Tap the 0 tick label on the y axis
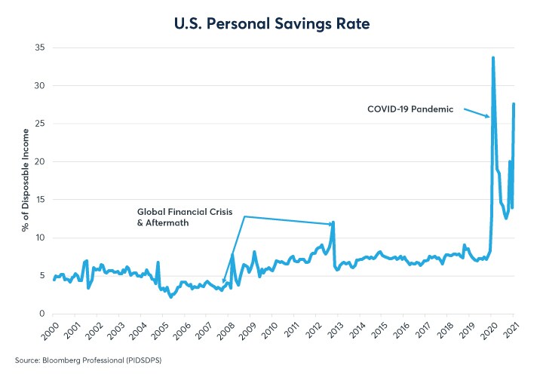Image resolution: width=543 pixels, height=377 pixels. click(x=41, y=314)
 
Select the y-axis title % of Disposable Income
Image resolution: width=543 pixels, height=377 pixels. click(x=25, y=181)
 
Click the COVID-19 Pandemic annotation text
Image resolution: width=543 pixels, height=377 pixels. click(x=410, y=109)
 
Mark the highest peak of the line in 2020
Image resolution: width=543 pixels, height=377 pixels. click(x=493, y=57)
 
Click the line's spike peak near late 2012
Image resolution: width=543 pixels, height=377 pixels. click(x=333, y=222)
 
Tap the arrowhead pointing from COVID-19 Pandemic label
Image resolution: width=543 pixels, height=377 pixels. click(x=489, y=116)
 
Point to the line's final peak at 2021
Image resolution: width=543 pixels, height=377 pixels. click(x=514, y=104)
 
